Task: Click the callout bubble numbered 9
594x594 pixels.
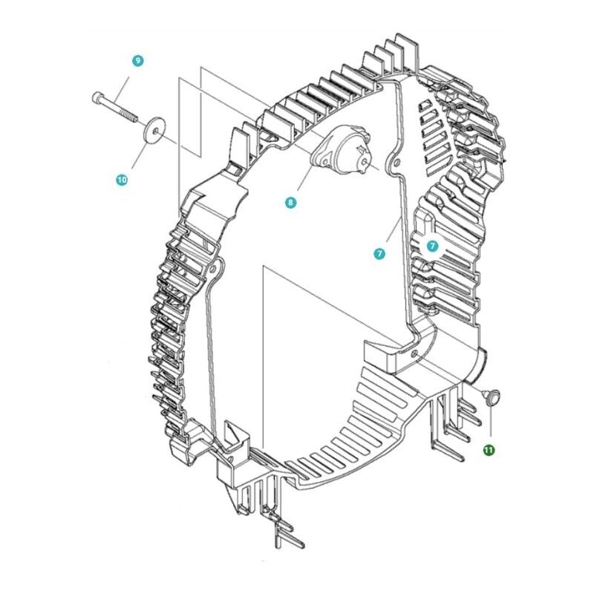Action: (x=138, y=61)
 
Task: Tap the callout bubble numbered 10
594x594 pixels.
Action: (x=122, y=179)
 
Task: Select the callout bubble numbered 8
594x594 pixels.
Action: (x=290, y=202)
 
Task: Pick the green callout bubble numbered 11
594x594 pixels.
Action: (x=489, y=450)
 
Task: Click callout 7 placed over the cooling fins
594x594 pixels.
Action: (x=433, y=246)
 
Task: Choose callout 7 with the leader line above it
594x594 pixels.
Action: (x=379, y=253)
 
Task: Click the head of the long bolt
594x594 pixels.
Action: (x=97, y=97)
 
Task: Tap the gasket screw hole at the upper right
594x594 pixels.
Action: (x=396, y=163)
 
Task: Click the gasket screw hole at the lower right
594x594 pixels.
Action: (x=414, y=354)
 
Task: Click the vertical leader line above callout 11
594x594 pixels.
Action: (x=491, y=420)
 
